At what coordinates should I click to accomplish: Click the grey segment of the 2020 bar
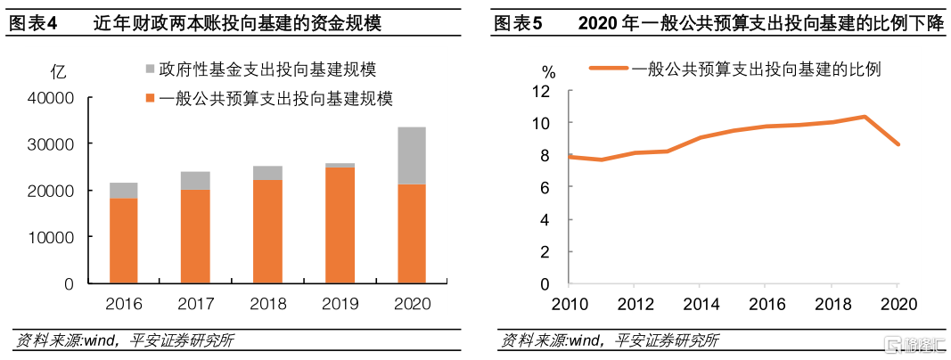point(412,156)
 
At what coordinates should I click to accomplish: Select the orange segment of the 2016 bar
point(123,241)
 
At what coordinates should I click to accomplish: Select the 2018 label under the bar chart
point(267,304)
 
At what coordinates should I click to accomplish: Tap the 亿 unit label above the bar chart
point(59,72)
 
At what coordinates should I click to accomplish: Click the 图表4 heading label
point(32,24)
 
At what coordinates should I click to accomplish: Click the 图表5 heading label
point(518,24)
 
